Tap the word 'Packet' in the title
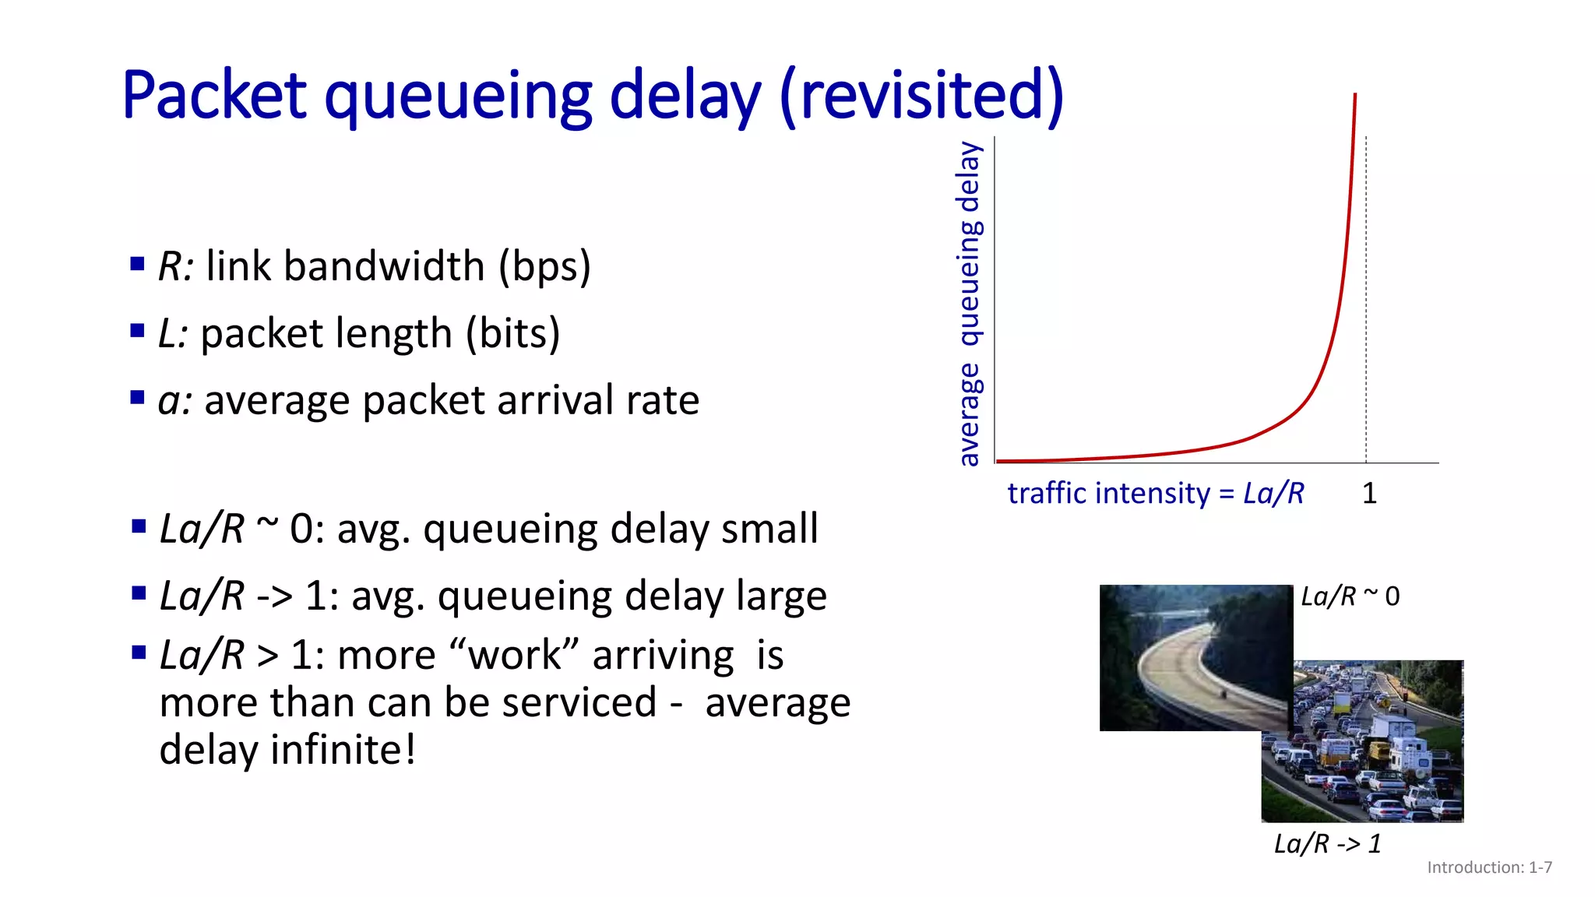pos(215,95)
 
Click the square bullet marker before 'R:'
pos(138,264)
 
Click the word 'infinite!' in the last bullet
pos(343,750)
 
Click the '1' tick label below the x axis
pos(1369,493)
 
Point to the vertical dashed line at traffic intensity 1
pos(1366,311)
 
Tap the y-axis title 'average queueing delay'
pos(969,304)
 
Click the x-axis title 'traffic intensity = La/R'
pos(1155,494)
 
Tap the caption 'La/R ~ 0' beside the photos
pos(1350,596)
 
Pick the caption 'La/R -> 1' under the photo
pos(1327,843)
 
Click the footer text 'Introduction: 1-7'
pos(1489,867)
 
